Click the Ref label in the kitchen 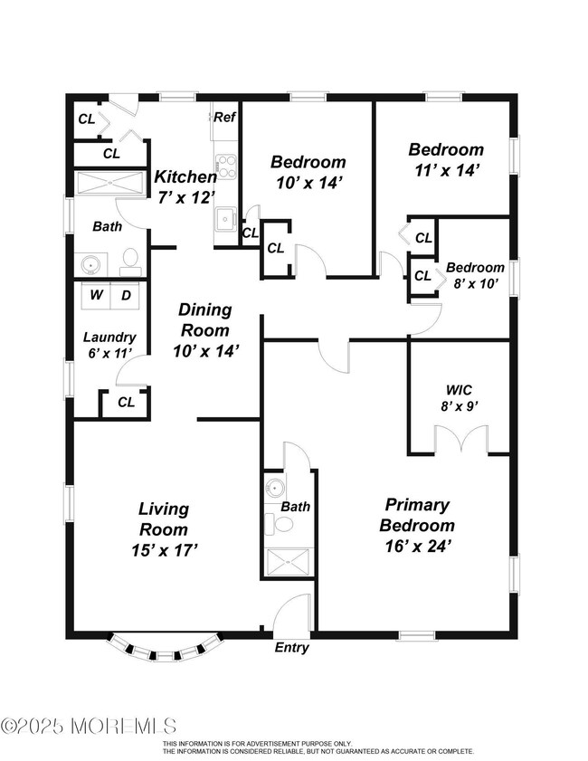[224, 117]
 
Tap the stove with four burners [226, 166]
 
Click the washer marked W [97, 295]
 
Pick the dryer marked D [126, 295]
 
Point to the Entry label [291, 647]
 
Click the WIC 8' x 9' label [460, 398]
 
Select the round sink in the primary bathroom [275, 487]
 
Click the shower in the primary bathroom [289, 562]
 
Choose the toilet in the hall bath [130, 258]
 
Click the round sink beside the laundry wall [90, 265]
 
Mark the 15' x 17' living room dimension [164, 550]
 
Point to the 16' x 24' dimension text [418, 547]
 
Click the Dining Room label [204, 319]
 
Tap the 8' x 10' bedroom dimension [476, 283]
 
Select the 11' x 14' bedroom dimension [447, 170]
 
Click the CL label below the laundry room [126, 402]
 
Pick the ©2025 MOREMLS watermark [89, 726]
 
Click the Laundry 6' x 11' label [109, 345]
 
